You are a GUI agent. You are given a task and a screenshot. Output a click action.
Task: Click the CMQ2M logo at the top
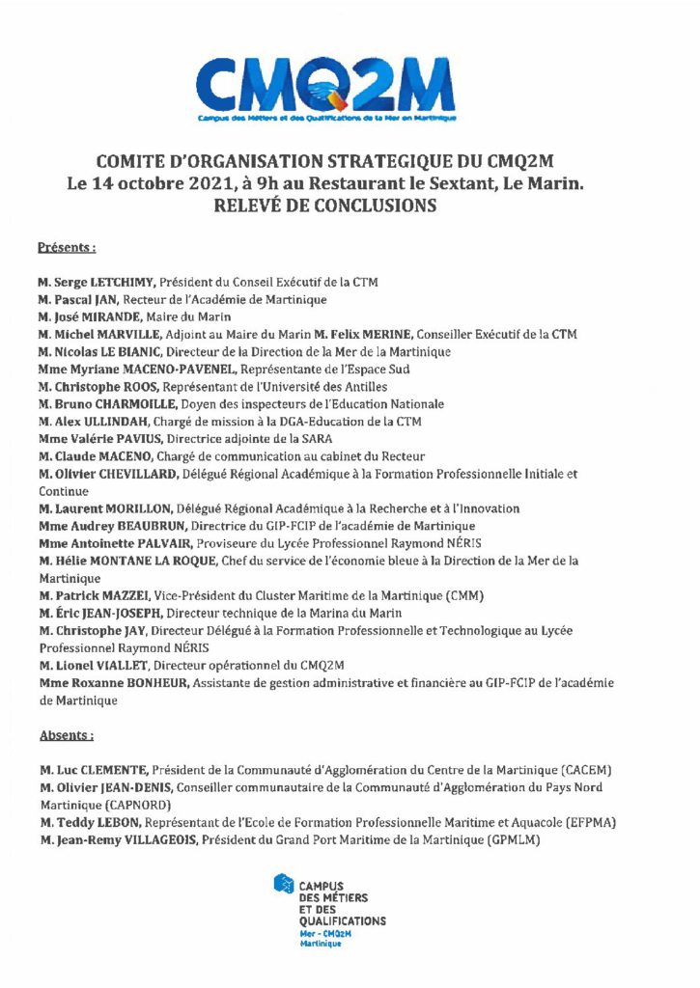(325, 86)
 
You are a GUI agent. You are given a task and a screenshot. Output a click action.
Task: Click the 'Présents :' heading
(67, 247)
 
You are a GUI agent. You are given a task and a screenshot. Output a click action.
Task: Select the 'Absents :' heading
(67, 735)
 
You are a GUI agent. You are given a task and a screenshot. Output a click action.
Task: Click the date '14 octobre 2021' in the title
(173, 182)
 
